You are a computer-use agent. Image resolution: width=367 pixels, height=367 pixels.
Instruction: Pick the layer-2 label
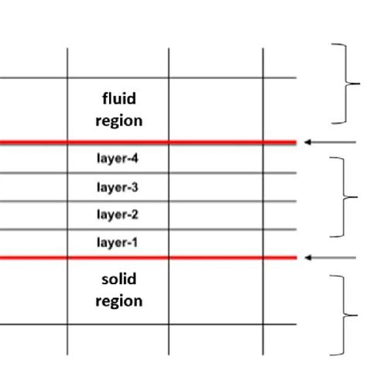[118, 213]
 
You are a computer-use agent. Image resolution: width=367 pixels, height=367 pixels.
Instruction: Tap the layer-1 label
[118, 242]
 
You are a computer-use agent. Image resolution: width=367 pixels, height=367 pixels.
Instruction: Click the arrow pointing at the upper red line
[324, 142]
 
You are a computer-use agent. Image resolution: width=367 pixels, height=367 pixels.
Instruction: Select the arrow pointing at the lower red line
[324, 257]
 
